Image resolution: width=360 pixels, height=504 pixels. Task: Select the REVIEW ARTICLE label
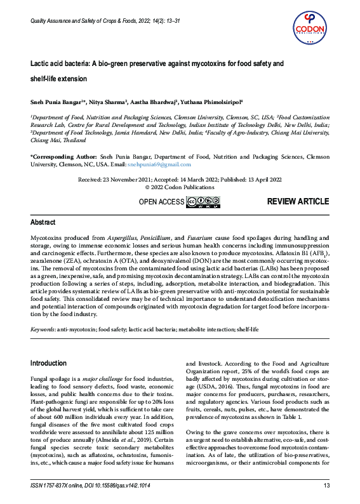pyautogui.click(x=298, y=202)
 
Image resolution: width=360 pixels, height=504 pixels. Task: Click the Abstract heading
pyautogui.click(x=44, y=223)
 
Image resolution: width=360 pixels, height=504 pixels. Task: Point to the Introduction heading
pyautogui.click(x=48, y=363)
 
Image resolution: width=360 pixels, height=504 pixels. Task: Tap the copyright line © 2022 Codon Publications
pyautogui.click(x=180, y=187)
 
